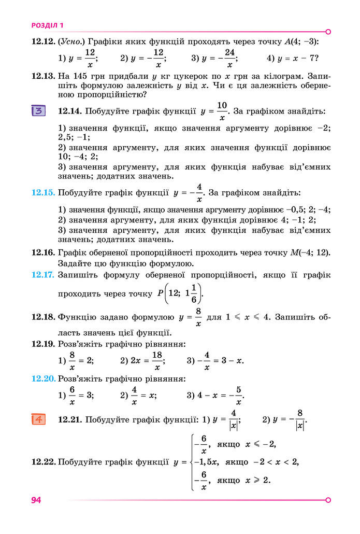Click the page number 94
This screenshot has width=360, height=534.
tap(36, 500)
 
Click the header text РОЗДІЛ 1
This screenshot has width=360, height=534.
tap(48, 25)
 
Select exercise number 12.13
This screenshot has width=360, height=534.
tap(43, 76)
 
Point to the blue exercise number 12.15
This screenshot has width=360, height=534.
tap(43, 193)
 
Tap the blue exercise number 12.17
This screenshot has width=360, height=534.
tap(43, 275)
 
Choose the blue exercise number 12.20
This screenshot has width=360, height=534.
tap(43, 379)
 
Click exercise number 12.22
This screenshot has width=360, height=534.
tap(43, 462)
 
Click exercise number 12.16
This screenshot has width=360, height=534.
tap(43, 252)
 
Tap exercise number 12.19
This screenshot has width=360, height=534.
tap(43, 344)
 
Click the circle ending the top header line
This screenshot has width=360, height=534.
tap(328, 31)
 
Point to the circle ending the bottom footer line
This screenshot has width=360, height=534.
tap(328, 500)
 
